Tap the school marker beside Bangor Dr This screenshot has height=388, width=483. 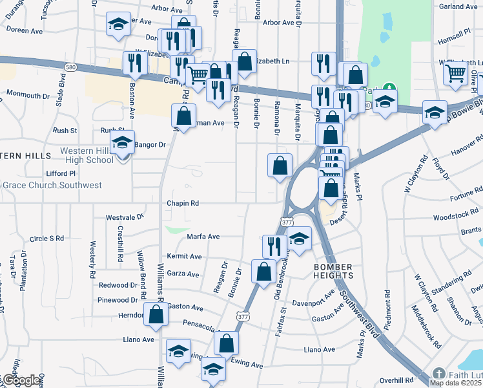(x=122, y=144)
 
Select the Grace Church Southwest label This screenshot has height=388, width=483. (x=52, y=186)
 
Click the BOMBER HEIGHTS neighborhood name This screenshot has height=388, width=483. (x=333, y=272)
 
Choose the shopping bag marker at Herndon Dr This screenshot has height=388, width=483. (x=156, y=314)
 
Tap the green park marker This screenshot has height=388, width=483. (x=389, y=87)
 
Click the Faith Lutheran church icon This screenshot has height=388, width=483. (x=438, y=374)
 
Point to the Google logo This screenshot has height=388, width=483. (x=21, y=380)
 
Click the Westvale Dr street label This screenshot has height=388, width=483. (x=125, y=217)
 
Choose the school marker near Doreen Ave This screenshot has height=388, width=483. (x=118, y=24)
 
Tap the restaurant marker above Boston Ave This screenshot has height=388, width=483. (x=135, y=62)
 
